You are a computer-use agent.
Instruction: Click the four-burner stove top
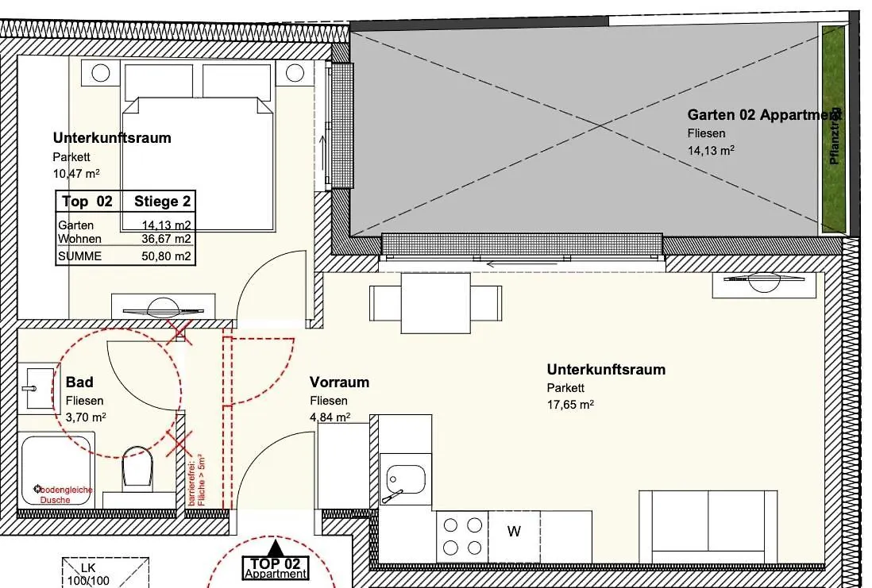click(463, 536)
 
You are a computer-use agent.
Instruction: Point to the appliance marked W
click(514, 532)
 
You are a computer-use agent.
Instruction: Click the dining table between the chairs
click(435, 302)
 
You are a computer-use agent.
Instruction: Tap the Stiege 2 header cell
click(162, 202)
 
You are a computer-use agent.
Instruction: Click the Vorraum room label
click(339, 382)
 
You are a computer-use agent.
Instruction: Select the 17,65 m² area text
click(570, 404)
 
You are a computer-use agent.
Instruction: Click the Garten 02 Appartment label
click(763, 115)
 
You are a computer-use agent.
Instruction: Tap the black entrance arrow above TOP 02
click(276, 548)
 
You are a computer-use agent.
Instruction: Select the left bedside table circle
click(101, 74)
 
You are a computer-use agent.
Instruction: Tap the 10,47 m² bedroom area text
click(76, 172)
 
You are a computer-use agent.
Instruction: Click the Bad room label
click(79, 382)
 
